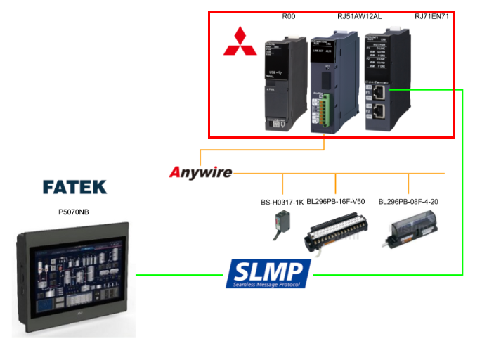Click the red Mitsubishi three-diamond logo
click(240, 41)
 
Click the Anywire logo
click(201, 172)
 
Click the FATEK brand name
click(74, 187)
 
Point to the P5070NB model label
click(74, 210)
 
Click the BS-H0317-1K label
click(282, 202)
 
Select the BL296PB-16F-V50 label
click(336, 202)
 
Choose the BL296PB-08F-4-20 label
click(408, 202)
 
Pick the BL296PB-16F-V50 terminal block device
click(336, 231)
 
